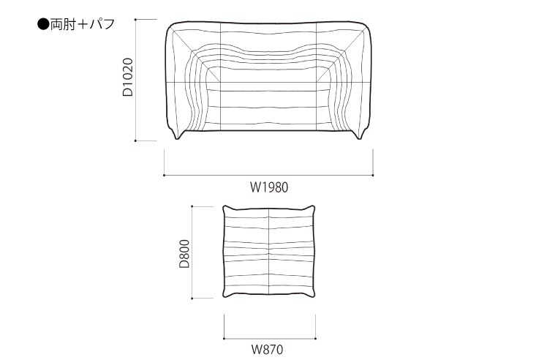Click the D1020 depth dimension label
(x=128, y=77)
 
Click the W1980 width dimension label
(x=269, y=187)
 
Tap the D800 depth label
(x=184, y=254)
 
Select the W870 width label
(x=268, y=350)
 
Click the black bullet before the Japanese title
(x=43, y=25)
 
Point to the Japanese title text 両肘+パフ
(x=83, y=25)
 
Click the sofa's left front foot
(x=177, y=135)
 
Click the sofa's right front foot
(x=360, y=135)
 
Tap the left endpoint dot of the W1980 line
(x=165, y=175)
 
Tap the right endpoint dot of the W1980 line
(x=373, y=175)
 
